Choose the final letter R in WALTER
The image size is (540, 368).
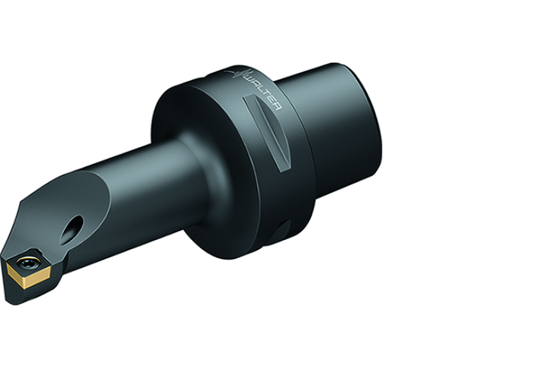click(277, 106)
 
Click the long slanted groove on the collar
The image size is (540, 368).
click(267, 134)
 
